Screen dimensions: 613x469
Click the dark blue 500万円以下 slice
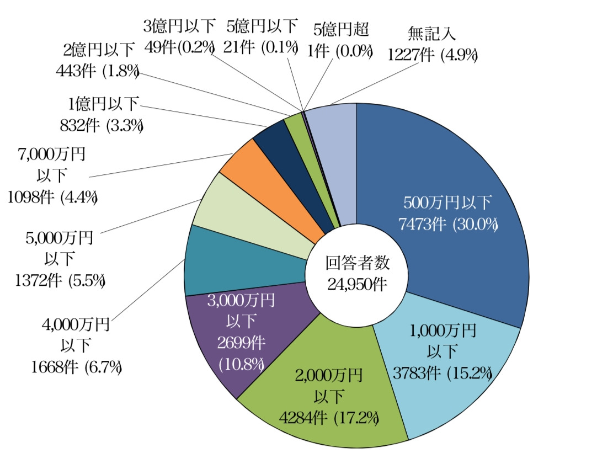coord(441,166)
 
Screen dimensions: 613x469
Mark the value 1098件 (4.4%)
coord(53,197)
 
